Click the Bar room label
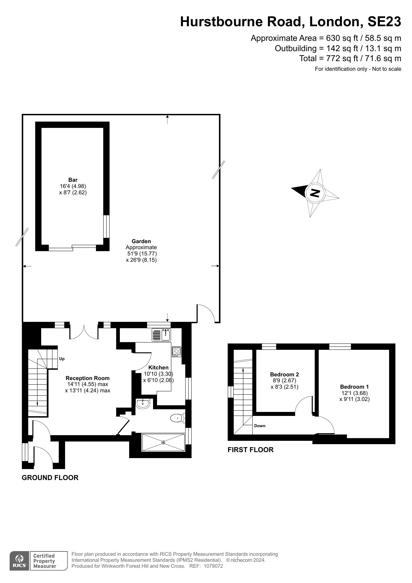[73, 180]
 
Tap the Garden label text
[141, 242]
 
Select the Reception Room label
[88, 378]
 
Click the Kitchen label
[158, 367]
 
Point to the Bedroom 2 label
[285, 374]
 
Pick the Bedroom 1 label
[354, 387]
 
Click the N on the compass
[315, 193]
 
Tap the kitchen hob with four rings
[176, 351]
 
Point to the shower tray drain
[163, 442]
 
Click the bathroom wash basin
[143, 404]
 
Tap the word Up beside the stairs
[62, 359]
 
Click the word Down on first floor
[260, 426]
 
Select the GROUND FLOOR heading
[50, 478]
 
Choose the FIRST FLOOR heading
[250, 450]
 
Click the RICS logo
[20, 561]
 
